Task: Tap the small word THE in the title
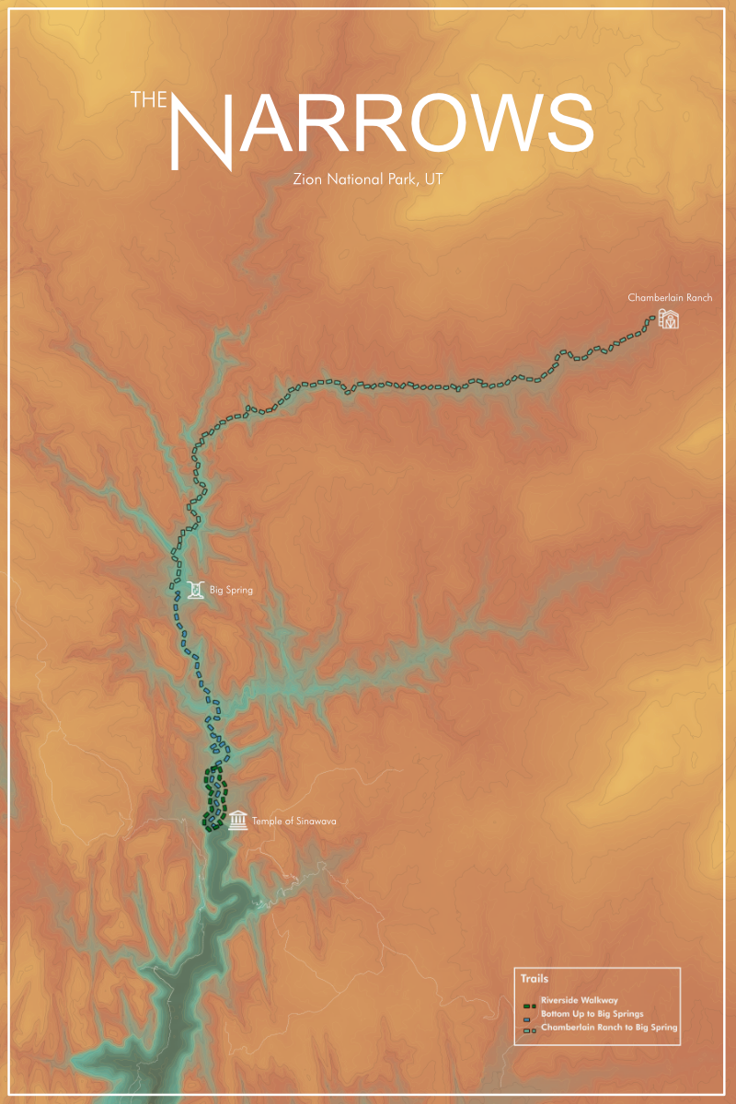coord(148,99)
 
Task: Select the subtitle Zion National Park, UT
coord(367,179)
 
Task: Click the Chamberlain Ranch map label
coord(670,298)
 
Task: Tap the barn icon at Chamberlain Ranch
coord(668,319)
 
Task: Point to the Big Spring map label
coord(231,591)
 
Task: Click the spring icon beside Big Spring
coord(195,590)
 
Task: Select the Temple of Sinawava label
coord(288,821)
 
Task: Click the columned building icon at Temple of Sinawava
coord(238,820)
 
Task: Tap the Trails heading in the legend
coord(534,979)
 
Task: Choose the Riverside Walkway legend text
coord(579,1000)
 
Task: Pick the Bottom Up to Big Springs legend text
coord(592,1013)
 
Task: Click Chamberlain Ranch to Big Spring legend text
coord(609,1027)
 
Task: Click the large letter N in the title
coord(202,129)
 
